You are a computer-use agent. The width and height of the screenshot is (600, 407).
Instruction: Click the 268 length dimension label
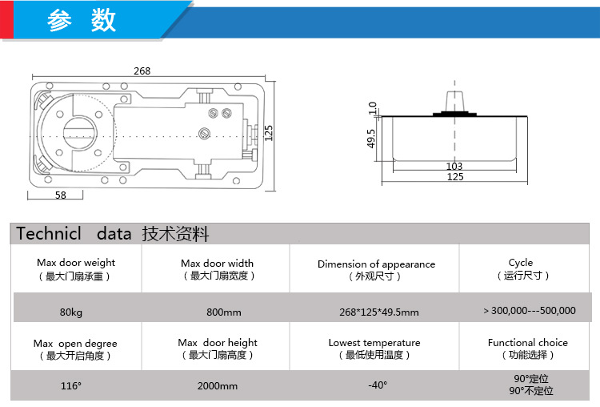142,71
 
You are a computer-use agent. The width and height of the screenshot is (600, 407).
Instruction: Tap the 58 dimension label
61,195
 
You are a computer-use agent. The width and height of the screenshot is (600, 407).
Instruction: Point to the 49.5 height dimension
371,139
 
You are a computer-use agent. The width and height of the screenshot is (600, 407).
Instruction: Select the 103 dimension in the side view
454,166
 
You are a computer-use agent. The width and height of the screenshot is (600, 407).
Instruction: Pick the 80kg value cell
70,312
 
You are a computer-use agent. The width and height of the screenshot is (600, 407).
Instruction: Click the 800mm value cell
224,312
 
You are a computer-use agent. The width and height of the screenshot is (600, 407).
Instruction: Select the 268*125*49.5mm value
379,312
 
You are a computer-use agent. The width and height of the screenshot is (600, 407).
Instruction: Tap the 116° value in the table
70,385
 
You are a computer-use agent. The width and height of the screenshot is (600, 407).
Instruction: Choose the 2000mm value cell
218,385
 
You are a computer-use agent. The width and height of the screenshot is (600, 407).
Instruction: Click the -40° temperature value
378,385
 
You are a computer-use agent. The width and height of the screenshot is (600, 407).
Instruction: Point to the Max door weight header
76,263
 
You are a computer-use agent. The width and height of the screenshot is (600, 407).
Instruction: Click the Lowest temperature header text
374,343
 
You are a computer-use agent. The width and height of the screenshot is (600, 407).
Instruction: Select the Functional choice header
528,343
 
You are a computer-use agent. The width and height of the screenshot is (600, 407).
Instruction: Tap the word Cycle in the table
521,263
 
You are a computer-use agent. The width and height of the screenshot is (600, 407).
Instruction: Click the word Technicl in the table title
49,233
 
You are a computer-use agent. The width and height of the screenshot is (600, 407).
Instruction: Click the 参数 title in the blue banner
82,20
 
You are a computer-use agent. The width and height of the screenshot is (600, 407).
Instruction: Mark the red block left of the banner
6,19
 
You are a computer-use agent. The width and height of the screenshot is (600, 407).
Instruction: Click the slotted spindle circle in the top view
79,133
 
